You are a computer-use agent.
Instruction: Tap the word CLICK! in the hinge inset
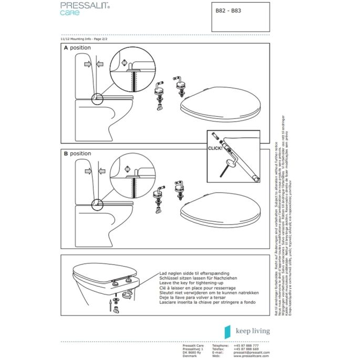[216, 149]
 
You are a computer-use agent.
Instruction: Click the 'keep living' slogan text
[253, 331]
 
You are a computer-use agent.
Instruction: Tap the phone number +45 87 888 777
[245, 345]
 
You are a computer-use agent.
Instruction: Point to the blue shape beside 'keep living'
[228, 331]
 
